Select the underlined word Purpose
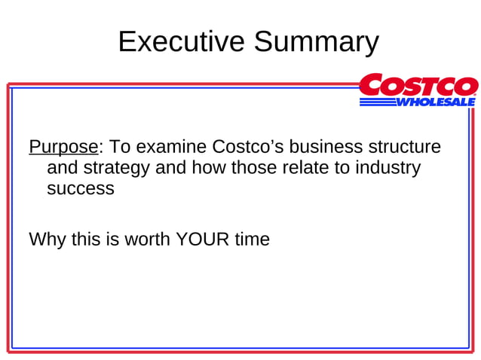click(63, 146)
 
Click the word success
click(81, 188)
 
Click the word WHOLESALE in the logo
click(437, 102)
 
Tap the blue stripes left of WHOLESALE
click(377, 102)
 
